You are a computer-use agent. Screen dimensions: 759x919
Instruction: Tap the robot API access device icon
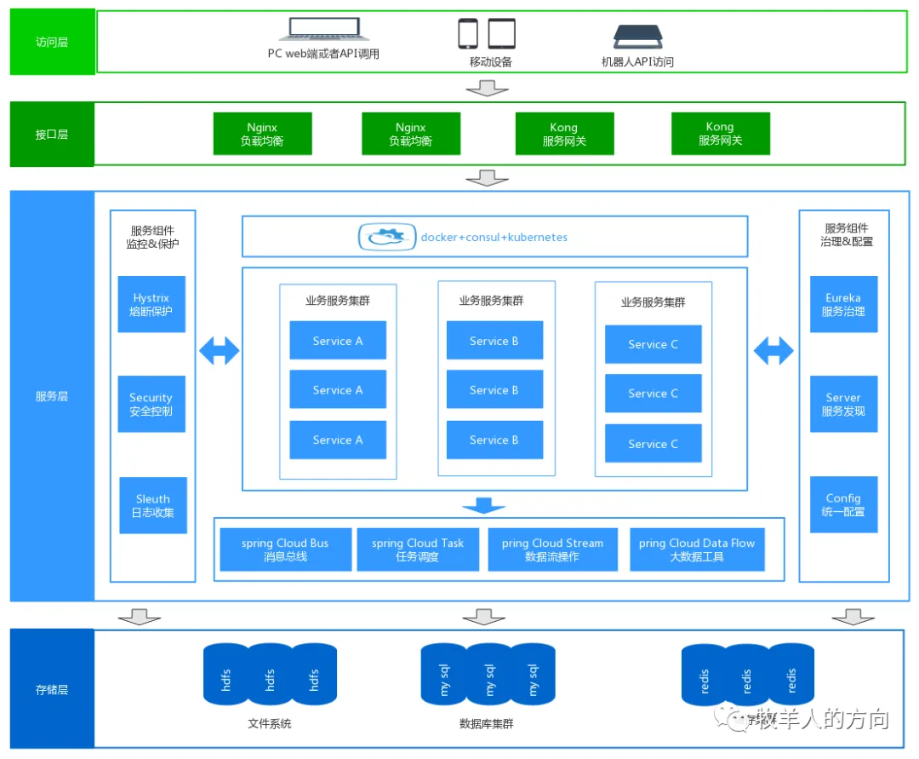tap(637, 36)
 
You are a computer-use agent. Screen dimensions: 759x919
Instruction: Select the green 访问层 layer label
tap(52, 42)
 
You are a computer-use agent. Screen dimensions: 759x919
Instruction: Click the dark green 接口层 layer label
tap(52, 135)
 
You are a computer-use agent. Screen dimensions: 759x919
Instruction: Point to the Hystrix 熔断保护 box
tap(151, 304)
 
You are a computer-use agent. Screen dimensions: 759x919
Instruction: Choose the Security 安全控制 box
tap(151, 404)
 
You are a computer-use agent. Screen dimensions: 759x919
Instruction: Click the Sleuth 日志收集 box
tap(153, 505)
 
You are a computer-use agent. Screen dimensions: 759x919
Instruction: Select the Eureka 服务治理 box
tap(843, 304)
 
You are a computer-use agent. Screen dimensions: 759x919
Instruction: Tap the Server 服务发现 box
tap(843, 404)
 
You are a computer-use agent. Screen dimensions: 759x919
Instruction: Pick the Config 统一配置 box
tap(843, 504)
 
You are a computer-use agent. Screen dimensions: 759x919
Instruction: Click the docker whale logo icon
tap(386, 238)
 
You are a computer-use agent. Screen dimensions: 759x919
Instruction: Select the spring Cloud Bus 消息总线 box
tap(285, 549)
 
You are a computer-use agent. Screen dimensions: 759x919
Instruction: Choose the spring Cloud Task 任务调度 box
tap(418, 549)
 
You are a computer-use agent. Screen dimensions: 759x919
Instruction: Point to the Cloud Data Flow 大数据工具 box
tap(697, 549)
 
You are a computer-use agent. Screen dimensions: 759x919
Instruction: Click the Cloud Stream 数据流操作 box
tap(553, 549)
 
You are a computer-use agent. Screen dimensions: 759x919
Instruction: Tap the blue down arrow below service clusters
tap(484, 506)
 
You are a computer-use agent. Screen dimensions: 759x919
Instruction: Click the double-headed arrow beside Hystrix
tap(220, 350)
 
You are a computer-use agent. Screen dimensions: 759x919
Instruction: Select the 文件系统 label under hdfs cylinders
tap(269, 724)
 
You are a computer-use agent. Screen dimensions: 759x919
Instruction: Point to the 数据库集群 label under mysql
tap(486, 724)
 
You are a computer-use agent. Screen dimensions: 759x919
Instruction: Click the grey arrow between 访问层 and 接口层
tap(488, 88)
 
